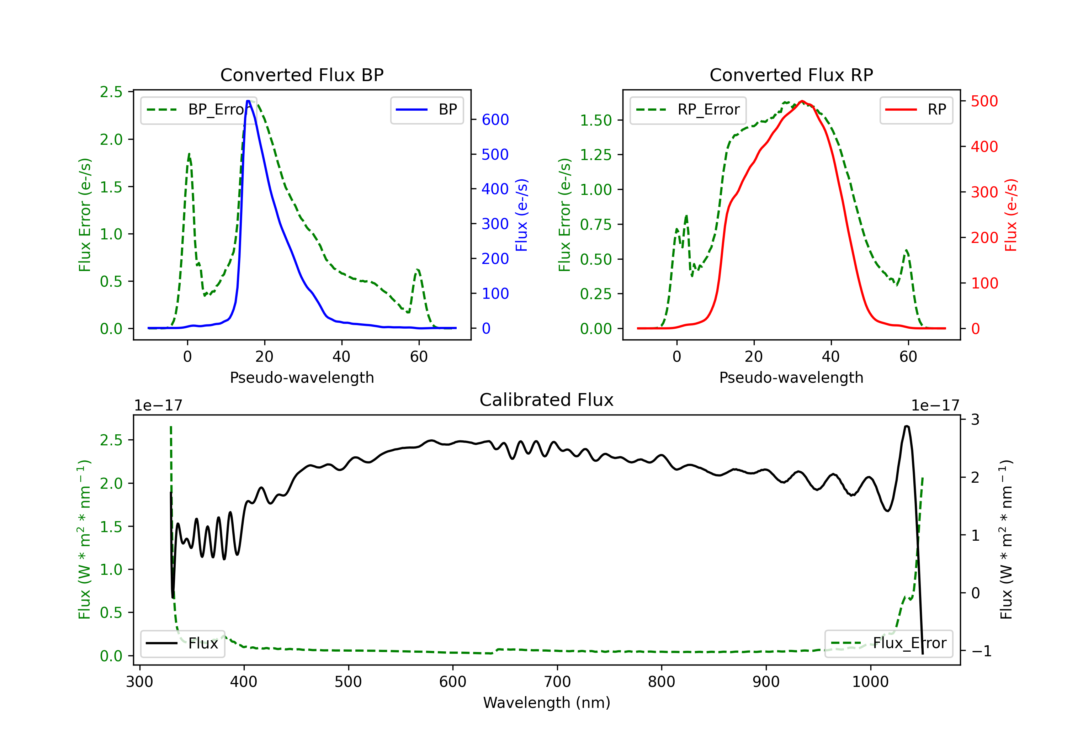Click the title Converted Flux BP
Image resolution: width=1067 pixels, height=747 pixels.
(302, 75)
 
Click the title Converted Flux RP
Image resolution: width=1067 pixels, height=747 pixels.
(791, 75)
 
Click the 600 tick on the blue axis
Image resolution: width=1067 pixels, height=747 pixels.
(495, 120)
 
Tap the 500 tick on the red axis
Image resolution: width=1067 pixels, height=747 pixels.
(984, 101)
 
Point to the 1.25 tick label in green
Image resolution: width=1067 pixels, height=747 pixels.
(595, 155)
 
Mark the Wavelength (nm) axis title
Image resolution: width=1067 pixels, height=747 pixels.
(547, 703)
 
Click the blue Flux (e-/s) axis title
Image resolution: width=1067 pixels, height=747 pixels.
(521, 215)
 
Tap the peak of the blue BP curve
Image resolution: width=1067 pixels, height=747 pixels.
(248, 101)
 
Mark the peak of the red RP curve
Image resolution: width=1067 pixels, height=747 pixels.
(802, 101)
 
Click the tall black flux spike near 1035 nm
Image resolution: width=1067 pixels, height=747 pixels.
(907, 426)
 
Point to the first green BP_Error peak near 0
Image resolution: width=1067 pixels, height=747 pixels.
(189, 154)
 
